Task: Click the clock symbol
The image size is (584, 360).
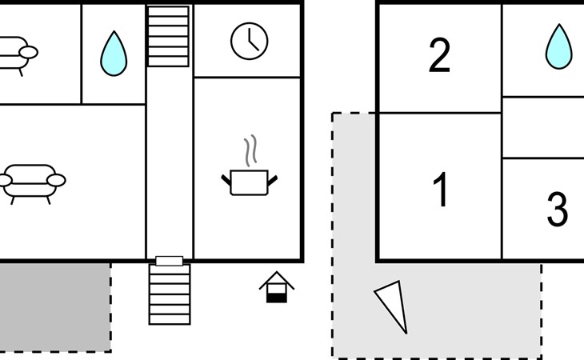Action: (x=250, y=41)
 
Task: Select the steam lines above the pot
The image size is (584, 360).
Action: (x=251, y=150)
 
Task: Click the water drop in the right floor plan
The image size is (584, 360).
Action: (x=558, y=46)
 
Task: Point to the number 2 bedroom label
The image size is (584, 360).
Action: (x=439, y=56)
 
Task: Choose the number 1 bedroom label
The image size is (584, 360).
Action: (x=440, y=190)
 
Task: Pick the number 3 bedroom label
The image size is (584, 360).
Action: (x=557, y=209)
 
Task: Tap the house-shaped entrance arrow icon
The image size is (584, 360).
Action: (x=277, y=287)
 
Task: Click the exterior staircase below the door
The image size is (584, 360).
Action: (x=170, y=294)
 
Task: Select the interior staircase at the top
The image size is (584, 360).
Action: (x=169, y=37)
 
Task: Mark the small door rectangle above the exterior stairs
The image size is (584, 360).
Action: (x=169, y=261)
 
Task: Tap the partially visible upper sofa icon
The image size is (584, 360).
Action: (x=16, y=54)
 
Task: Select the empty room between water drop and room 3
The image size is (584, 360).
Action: (x=542, y=127)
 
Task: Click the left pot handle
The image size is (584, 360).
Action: (x=226, y=178)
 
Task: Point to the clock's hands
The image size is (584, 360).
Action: (x=251, y=39)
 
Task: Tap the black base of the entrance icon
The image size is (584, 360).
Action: (x=277, y=297)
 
